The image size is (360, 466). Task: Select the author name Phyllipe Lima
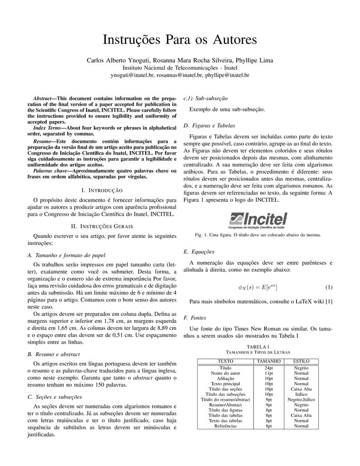click(254, 60)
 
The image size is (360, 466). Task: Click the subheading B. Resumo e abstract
click(54, 354)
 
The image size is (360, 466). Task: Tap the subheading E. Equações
click(199, 252)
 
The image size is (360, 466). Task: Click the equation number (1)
click(329, 287)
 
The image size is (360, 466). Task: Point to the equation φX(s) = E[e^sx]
click(258, 287)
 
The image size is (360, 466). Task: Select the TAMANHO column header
click(269, 361)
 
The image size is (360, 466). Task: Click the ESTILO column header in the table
click(301, 361)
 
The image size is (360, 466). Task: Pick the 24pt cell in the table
click(269, 368)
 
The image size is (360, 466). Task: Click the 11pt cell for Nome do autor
click(269, 373)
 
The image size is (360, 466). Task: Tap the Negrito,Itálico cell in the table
click(301, 399)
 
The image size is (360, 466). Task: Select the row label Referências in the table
click(225, 426)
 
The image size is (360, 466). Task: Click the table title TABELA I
click(258, 346)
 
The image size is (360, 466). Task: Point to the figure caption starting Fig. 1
click(258, 235)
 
